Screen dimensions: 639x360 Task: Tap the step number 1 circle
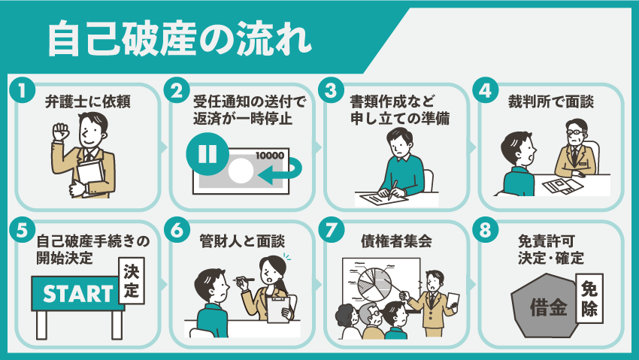tap(23, 90)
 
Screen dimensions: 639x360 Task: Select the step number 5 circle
tap(23, 231)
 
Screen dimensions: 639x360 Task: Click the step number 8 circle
tap(486, 231)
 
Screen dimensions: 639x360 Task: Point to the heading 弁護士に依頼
tap(88, 101)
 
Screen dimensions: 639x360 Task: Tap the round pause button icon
tap(207, 154)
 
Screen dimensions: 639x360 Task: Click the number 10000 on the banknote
tap(270, 156)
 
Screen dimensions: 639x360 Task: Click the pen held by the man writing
tap(393, 190)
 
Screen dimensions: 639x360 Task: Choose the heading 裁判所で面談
tap(550, 101)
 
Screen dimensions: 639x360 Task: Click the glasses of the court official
tap(576, 132)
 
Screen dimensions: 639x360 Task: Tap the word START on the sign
tap(78, 294)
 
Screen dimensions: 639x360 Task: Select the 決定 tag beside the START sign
tap(132, 280)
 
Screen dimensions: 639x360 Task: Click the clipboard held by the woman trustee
tap(278, 309)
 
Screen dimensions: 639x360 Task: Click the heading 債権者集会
tap(396, 241)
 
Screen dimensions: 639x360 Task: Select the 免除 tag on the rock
tap(589, 298)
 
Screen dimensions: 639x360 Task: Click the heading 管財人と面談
tap(242, 241)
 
